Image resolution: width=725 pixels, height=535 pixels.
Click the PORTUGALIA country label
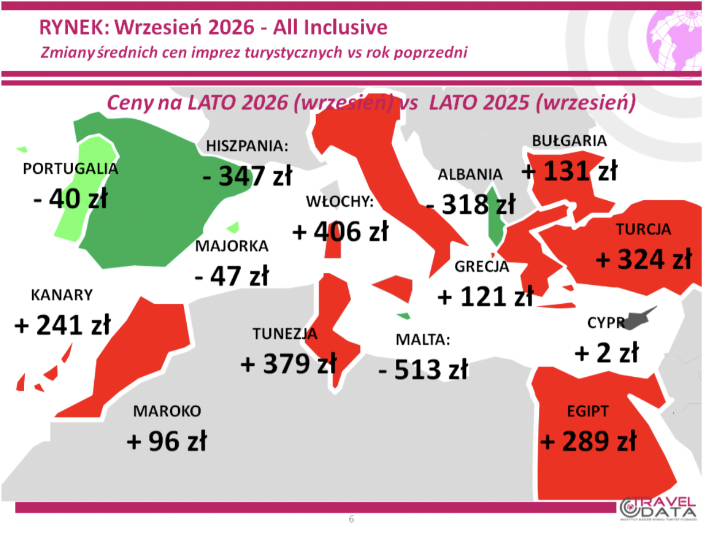[71, 169]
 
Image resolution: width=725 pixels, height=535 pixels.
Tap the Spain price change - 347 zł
[248, 176]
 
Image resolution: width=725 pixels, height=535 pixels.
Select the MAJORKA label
[232, 246]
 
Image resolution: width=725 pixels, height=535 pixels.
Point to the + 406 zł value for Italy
[340, 231]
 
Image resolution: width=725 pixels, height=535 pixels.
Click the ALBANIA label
[470, 175]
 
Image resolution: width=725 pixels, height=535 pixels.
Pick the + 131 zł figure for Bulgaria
[570, 171]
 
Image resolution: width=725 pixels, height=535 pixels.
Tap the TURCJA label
[643, 230]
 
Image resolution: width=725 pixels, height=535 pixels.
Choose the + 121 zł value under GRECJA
[485, 296]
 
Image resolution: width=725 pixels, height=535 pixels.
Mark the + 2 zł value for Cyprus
[607, 353]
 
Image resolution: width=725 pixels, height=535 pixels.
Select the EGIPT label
[588, 411]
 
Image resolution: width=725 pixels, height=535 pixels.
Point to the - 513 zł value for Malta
[423, 369]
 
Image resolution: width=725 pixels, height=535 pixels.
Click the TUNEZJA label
[285, 334]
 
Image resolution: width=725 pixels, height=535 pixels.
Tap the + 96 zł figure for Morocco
[167, 441]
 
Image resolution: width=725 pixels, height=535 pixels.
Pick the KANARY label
[62, 295]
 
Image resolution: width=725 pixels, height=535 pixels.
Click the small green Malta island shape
[404, 316]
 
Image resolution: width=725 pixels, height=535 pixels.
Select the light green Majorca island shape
[234, 228]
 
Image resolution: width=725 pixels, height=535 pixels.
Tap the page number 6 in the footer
[352, 519]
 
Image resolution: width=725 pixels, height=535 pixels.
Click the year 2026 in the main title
[231, 27]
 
